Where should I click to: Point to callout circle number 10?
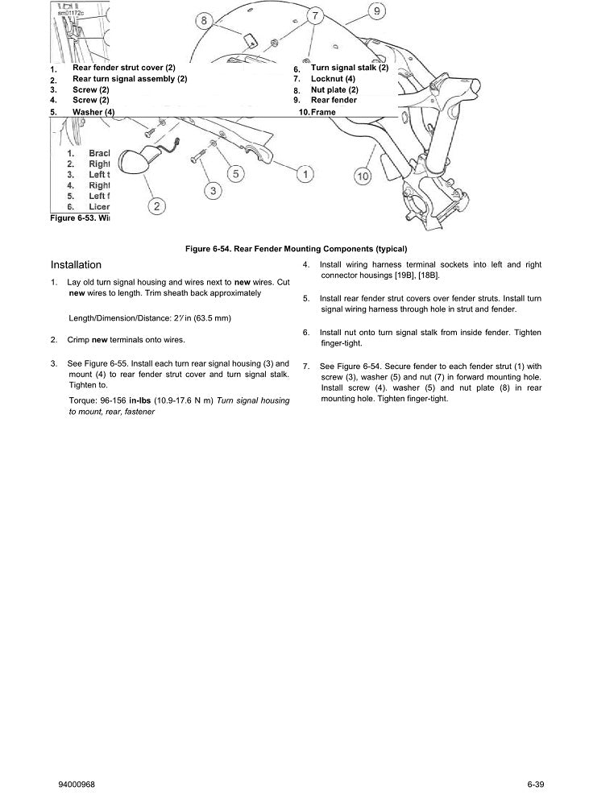tap(363, 175)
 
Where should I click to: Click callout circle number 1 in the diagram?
tap(305, 173)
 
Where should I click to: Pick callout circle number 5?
tap(234, 172)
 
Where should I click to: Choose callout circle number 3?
tap(213, 190)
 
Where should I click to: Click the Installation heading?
tap(76, 264)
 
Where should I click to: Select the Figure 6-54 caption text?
tap(297, 248)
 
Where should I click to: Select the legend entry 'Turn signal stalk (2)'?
tap(349, 68)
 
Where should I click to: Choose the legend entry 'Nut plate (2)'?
tap(334, 90)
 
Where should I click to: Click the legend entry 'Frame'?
tap(323, 112)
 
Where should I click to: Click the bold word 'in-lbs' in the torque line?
tap(142, 400)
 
